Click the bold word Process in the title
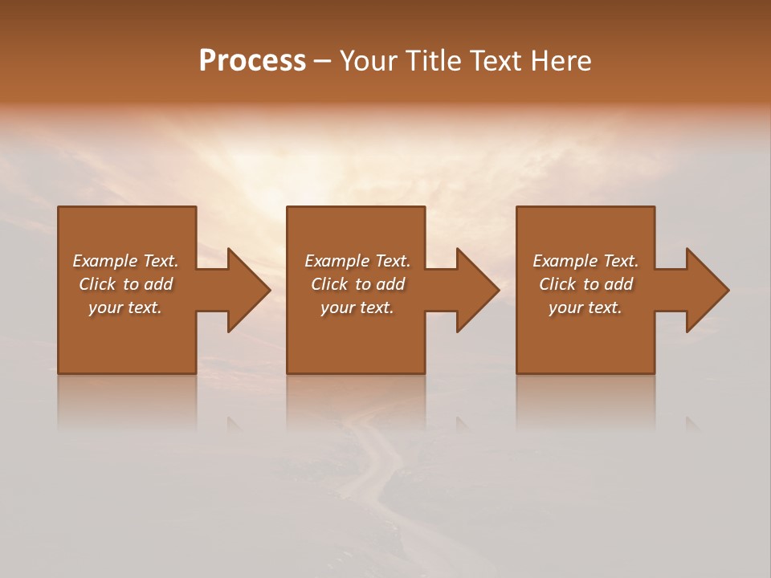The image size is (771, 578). [252, 61]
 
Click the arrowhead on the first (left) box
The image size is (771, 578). [248, 290]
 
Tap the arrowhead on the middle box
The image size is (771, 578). [477, 290]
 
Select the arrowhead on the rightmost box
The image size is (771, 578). [707, 290]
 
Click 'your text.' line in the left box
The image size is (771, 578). [125, 307]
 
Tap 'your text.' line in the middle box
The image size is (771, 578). [357, 307]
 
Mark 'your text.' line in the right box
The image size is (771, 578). [585, 307]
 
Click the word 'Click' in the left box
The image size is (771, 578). [97, 284]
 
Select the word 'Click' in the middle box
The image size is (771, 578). [329, 284]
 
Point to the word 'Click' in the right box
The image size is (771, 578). [557, 284]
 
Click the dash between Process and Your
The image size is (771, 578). [323, 62]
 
